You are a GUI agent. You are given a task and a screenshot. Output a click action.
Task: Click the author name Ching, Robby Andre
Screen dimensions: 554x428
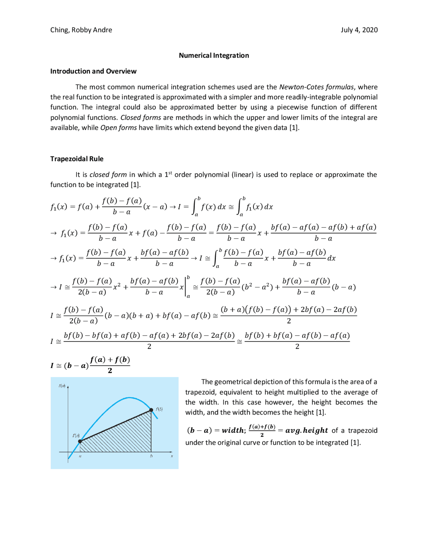(81, 30)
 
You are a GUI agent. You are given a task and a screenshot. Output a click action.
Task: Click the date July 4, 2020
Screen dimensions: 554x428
(359, 30)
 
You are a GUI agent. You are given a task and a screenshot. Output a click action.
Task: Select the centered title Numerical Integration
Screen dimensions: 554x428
(214, 56)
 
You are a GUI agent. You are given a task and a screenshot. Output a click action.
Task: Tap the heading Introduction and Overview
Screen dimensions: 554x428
(93, 71)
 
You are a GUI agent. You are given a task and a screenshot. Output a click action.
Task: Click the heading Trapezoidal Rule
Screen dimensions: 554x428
(77, 159)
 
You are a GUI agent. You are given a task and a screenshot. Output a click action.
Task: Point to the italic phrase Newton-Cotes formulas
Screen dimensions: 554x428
(316, 87)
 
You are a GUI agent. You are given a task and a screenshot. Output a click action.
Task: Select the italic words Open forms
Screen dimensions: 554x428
(118, 128)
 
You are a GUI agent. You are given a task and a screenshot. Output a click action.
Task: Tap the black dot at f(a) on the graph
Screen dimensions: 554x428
(80, 441)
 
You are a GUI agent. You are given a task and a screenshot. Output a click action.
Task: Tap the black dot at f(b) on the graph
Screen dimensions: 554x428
(151, 410)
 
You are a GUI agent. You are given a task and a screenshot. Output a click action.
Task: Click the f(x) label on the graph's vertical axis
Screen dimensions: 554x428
(62, 386)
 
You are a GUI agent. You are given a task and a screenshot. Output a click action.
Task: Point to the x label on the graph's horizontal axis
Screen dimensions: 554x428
(172, 456)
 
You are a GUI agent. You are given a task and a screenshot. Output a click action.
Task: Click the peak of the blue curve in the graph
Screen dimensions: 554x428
(129, 398)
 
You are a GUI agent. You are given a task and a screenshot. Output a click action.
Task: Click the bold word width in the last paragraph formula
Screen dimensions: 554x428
(233, 431)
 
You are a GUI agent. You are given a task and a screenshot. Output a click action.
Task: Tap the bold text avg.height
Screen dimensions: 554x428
(306, 431)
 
